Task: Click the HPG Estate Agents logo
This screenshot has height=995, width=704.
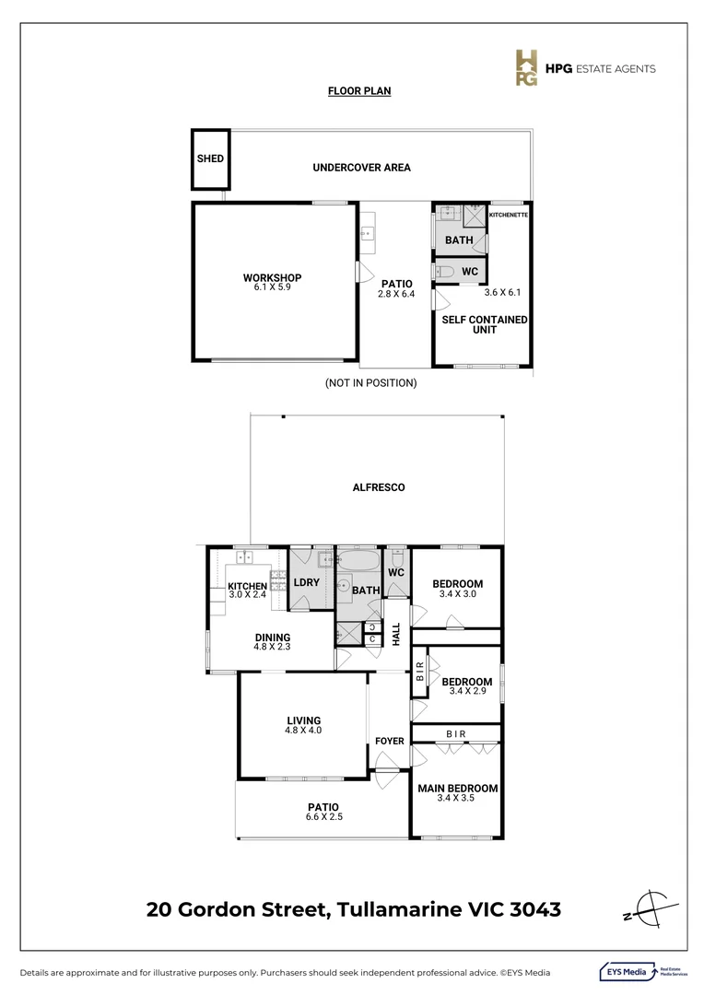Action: pyautogui.click(x=584, y=68)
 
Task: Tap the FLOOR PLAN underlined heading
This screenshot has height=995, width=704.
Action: pyautogui.click(x=358, y=91)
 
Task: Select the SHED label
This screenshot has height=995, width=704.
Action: pyautogui.click(x=210, y=158)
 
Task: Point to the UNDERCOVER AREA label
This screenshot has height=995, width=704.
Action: pyautogui.click(x=361, y=168)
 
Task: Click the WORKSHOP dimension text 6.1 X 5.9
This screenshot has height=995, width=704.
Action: pyautogui.click(x=272, y=287)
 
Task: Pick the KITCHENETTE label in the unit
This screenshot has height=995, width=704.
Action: pyautogui.click(x=509, y=214)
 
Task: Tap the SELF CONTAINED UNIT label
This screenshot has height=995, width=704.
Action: pyautogui.click(x=485, y=324)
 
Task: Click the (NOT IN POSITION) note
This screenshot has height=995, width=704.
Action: pyautogui.click(x=370, y=382)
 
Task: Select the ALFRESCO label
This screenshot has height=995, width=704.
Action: pyautogui.click(x=379, y=487)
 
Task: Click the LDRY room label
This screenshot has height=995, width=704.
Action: pyautogui.click(x=306, y=582)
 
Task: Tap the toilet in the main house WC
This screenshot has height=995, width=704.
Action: pyautogui.click(x=397, y=559)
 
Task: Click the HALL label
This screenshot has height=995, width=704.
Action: pyautogui.click(x=396, y=634)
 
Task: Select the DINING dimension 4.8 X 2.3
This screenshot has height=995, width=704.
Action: pyautogui.click(x=273, y=648)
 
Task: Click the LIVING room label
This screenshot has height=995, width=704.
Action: pyautogui.click(x=303, y=720)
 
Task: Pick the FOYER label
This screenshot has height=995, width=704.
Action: pyautogui.click(x=390, y=741)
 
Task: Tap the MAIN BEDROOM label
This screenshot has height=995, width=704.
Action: pyautogui.click(x=457, y=789)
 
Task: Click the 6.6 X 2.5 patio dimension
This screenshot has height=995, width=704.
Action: pyautogui.click(x=323, y=816)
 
